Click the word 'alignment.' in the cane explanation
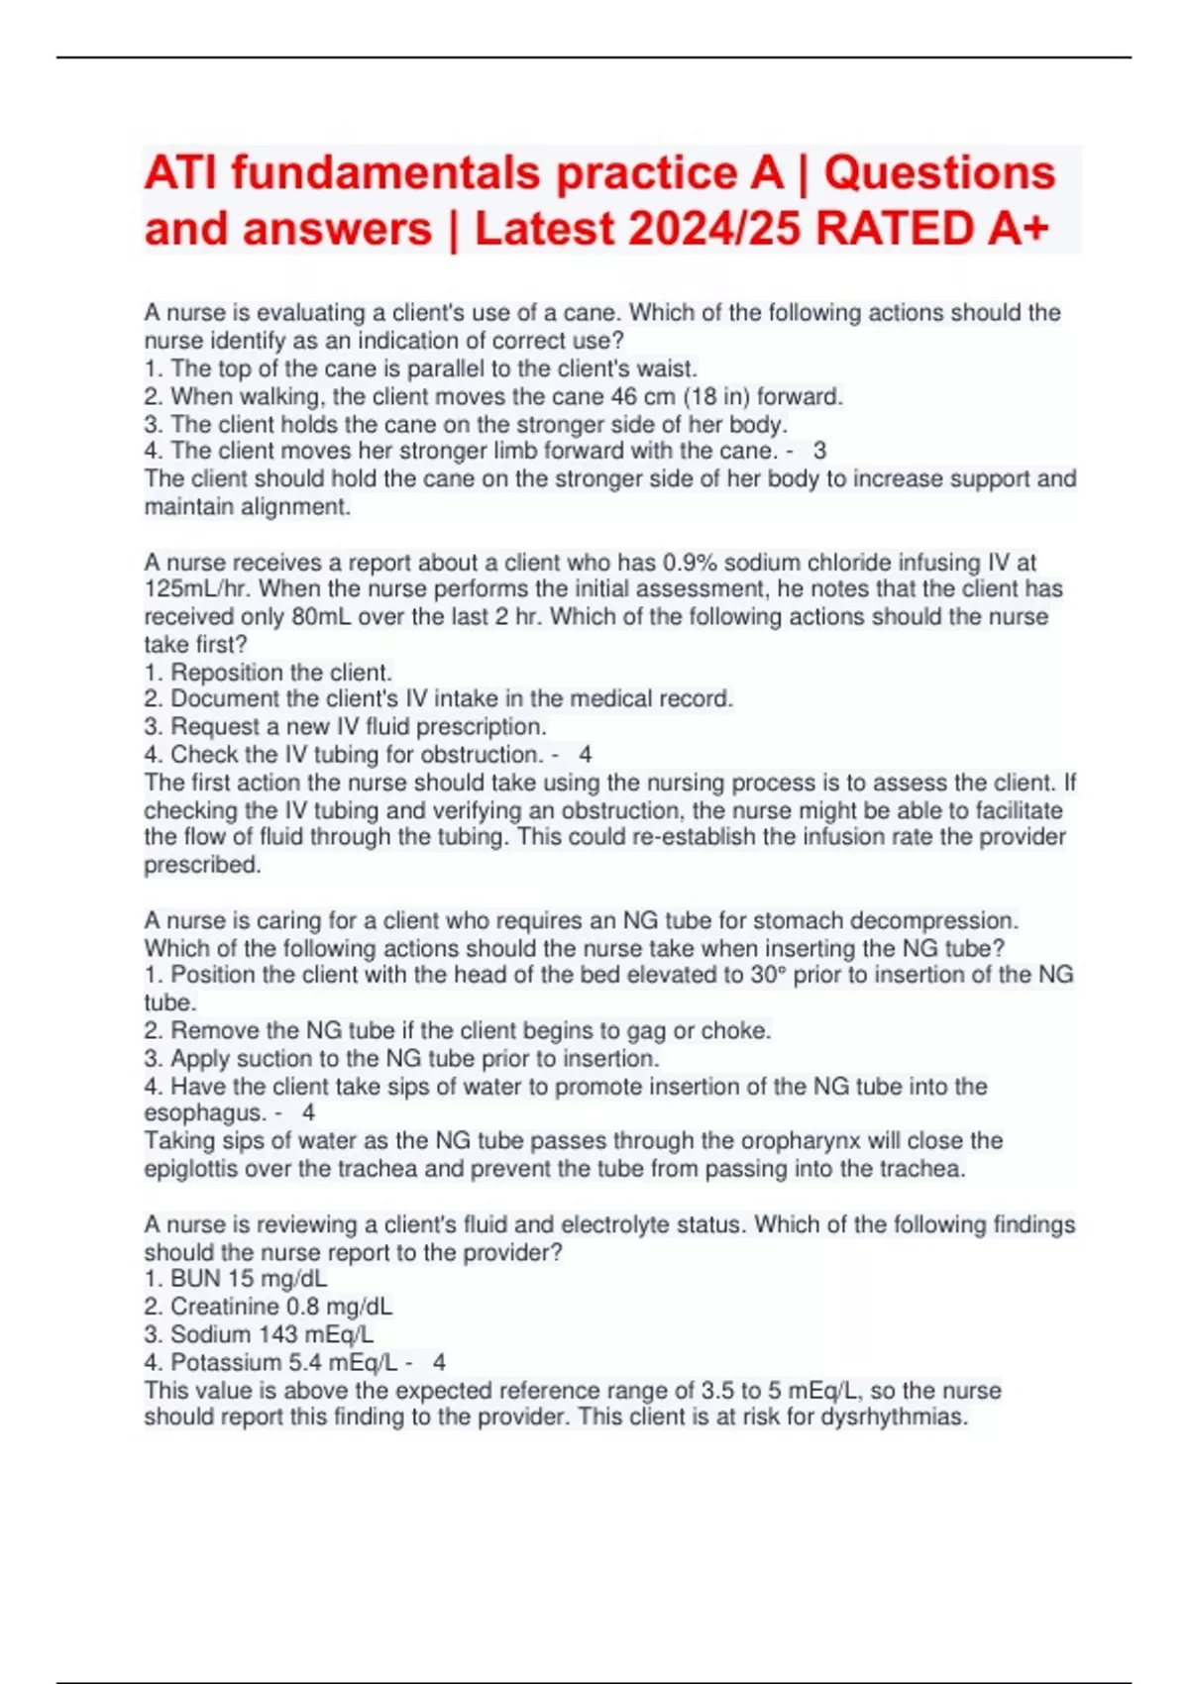(296, 507)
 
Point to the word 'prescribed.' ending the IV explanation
(202, 865)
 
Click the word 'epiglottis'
(191, 1169)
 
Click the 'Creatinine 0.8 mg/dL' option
(280, 1307)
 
